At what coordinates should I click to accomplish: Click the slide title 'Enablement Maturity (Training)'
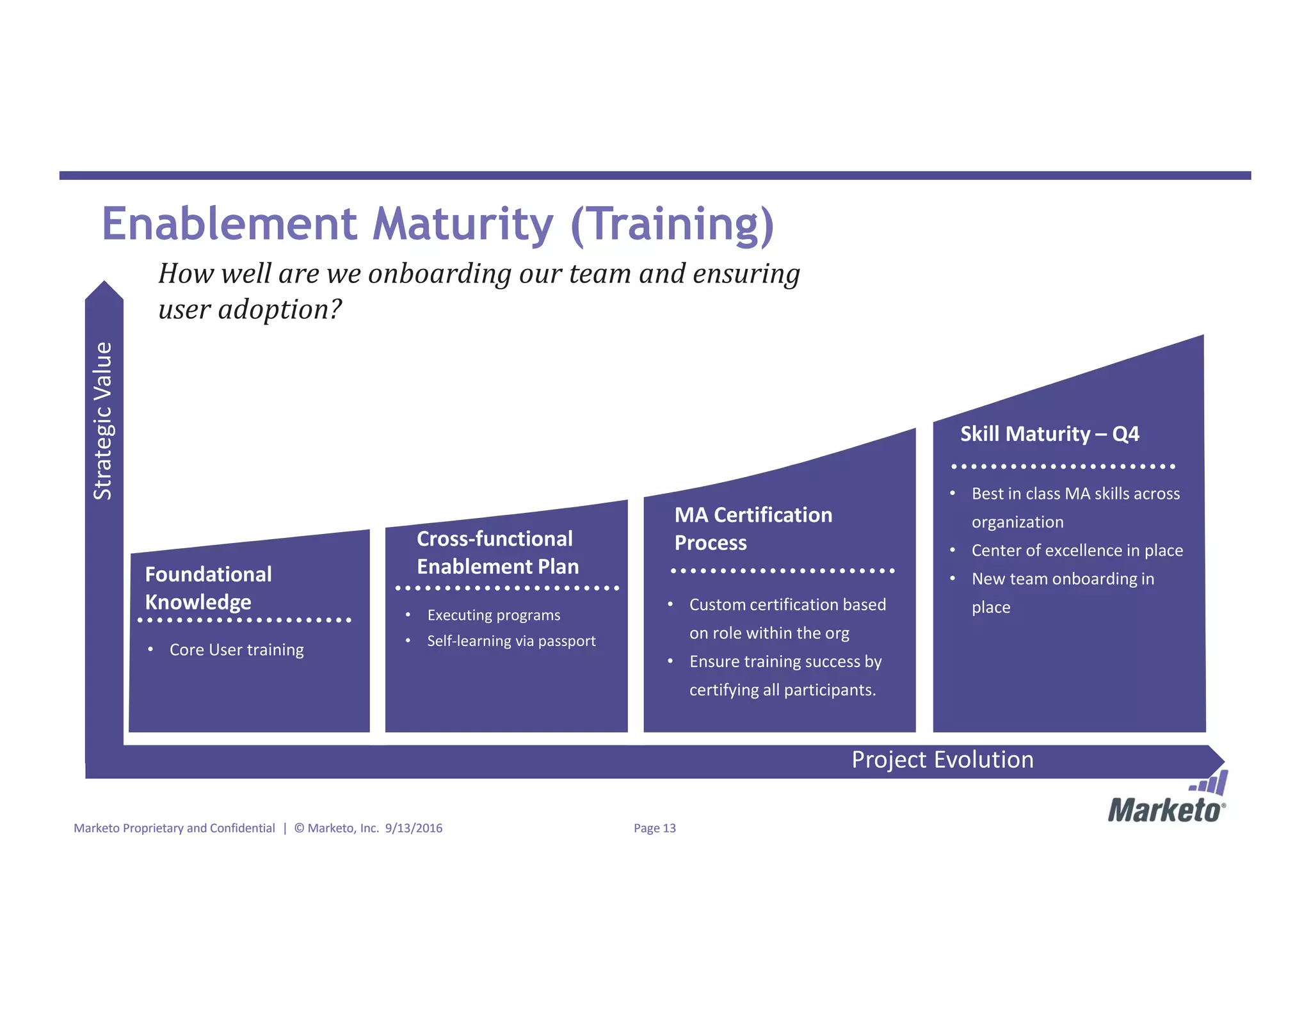[438, 224]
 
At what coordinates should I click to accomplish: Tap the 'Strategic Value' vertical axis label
[103, 421]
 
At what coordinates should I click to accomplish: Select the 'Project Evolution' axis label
[942, 759]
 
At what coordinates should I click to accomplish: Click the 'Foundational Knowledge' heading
[208, 588]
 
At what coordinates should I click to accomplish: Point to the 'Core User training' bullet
[236, 649]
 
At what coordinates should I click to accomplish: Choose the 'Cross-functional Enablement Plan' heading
[497, 553]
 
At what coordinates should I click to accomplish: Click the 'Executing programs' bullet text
[493, 615]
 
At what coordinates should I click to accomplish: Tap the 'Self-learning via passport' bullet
[511, 641]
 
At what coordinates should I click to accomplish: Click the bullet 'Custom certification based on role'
[787, 619]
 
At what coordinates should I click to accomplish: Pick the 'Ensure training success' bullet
[785, 675]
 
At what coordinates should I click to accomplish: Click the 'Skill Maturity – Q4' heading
[1049, 434]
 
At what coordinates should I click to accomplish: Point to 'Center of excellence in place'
[1077, 550]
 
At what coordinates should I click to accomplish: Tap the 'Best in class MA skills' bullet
[1075, 507]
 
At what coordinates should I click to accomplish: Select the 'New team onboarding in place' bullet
[1062, 592]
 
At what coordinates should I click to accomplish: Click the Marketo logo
[1167, 801]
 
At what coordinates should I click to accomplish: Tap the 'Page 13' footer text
[654, 828]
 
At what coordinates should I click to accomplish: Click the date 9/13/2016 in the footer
[414, 828]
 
